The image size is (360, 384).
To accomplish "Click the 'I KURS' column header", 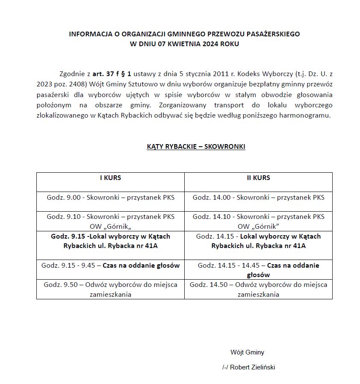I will point(110,178).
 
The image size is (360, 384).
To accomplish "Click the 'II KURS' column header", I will point(258,178).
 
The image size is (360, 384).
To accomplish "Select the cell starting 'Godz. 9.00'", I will point(110,198).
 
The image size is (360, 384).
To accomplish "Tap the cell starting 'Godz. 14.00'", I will point(258,198).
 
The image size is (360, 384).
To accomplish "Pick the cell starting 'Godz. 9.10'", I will point(110,222).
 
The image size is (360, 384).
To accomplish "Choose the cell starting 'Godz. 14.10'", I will point(258,222).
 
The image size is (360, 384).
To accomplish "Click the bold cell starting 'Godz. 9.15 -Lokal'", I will point(110,241).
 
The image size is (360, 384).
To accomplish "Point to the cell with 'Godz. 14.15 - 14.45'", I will point(258,270).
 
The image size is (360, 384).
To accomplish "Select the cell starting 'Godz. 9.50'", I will point(110,289).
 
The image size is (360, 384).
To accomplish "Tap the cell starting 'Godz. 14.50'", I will point(258,289).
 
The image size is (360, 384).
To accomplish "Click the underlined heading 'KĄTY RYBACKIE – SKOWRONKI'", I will point(196,147).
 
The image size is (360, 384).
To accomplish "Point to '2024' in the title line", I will point(204,44).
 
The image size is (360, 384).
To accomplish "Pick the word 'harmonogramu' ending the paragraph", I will point(307,116).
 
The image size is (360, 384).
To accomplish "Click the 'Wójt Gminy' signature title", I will point(247,352).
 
